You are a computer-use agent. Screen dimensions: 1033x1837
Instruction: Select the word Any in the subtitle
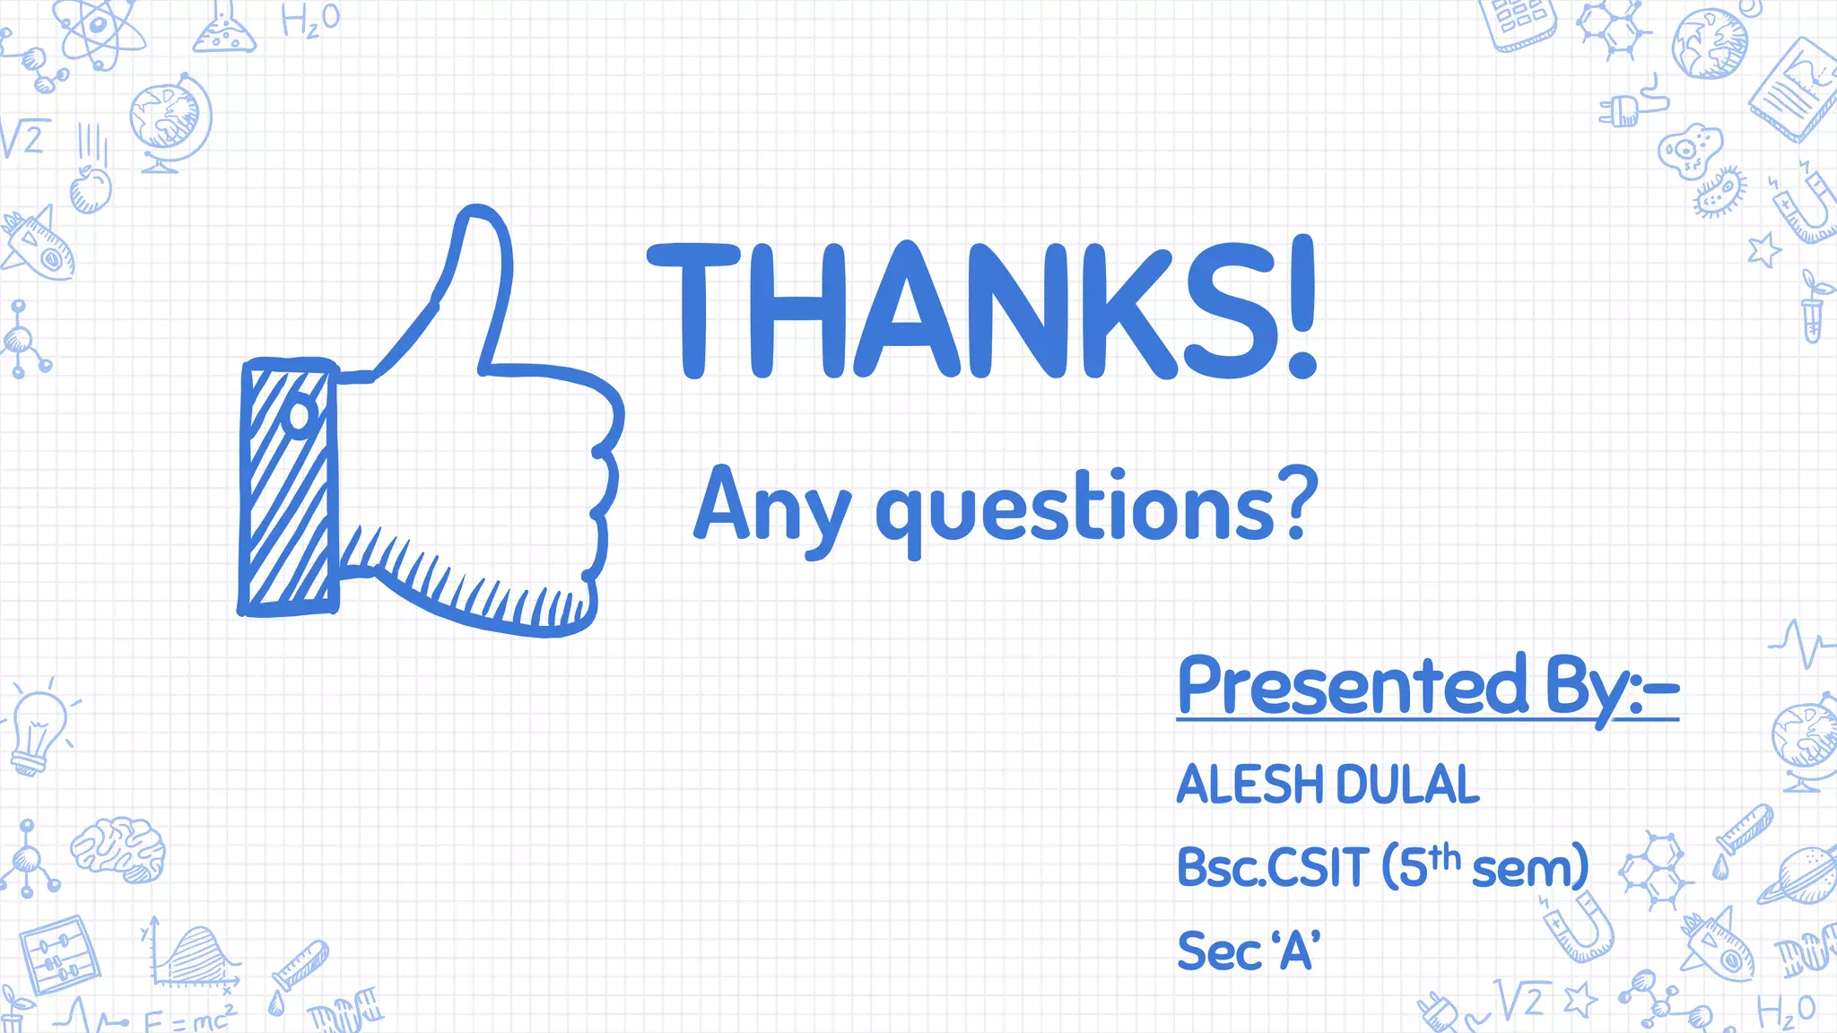771,508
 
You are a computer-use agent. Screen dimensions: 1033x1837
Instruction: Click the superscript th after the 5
1444,855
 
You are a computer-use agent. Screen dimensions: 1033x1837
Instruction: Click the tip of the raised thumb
476,221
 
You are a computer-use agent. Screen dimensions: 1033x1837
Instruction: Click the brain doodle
118,847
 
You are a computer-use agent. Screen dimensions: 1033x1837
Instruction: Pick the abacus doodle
59,954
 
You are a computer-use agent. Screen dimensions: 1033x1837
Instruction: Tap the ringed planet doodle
1798,873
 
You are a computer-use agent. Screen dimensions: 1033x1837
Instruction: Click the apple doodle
91,188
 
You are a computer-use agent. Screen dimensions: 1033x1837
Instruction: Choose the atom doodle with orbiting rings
99,31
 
